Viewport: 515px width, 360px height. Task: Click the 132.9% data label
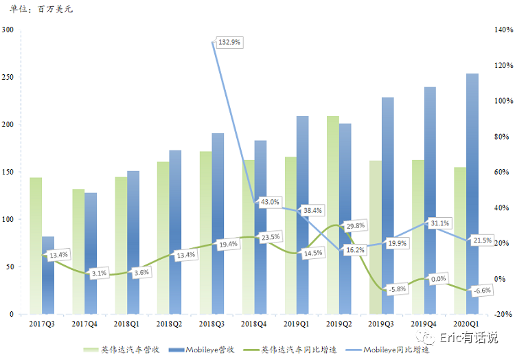(x=229, y=42)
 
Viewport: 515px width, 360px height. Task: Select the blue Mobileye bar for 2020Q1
(x=472, y=194)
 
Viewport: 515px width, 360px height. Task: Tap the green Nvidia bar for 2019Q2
(x=333, y=215)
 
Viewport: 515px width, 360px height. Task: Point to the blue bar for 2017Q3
(x=48, y=275)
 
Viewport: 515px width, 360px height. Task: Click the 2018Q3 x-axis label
(x=211, y=324)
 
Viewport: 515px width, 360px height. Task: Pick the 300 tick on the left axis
(x=8, y=30)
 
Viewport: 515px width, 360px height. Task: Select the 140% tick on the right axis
(x=503, y=30)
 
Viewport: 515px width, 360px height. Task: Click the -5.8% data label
(x=397, y=289)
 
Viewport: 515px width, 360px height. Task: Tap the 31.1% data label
(x=439, y=223)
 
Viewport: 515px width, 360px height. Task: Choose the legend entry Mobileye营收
(x=201, y=350)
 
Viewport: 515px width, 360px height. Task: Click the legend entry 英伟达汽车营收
(x=122, y=350)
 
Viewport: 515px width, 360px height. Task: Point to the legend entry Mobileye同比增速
(x=387, y=350)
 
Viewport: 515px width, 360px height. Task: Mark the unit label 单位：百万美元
(x=41, y=9)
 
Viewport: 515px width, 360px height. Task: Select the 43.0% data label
(x=270, y=202)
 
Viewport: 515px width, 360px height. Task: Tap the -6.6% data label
(x=482, y=291)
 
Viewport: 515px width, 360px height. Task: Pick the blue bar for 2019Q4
(x=430, y=201)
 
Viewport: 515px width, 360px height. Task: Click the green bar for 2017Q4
(x=78, y=251)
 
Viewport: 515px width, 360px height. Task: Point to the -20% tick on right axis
(x=503, y=315)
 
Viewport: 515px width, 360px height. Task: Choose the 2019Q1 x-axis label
(x=296, y=324)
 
